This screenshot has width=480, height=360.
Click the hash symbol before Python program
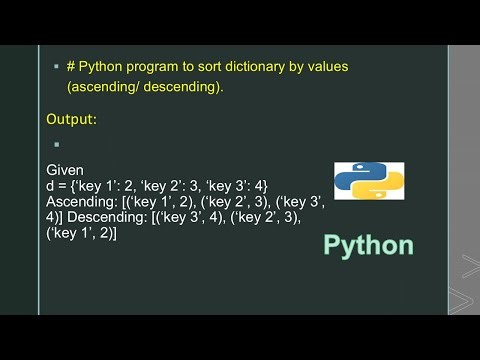pyautogui.click(x=72, y=66)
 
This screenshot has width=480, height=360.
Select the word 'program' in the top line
pyautogui.click(x=152, y=66)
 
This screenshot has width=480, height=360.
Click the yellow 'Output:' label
pyautogui.click(x=72, y=120)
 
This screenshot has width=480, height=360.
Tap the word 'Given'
pyautogui.click(x=66, y=171)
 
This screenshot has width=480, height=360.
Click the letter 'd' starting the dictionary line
pyautogui.click(x=51, y=186)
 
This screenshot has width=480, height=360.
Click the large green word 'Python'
pyautogui.click(x=368, y=246)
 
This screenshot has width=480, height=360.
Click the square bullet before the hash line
pyautogui.click(x=55, y=67)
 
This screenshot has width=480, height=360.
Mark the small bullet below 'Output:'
pyautogui.click(x=56, y=144)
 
